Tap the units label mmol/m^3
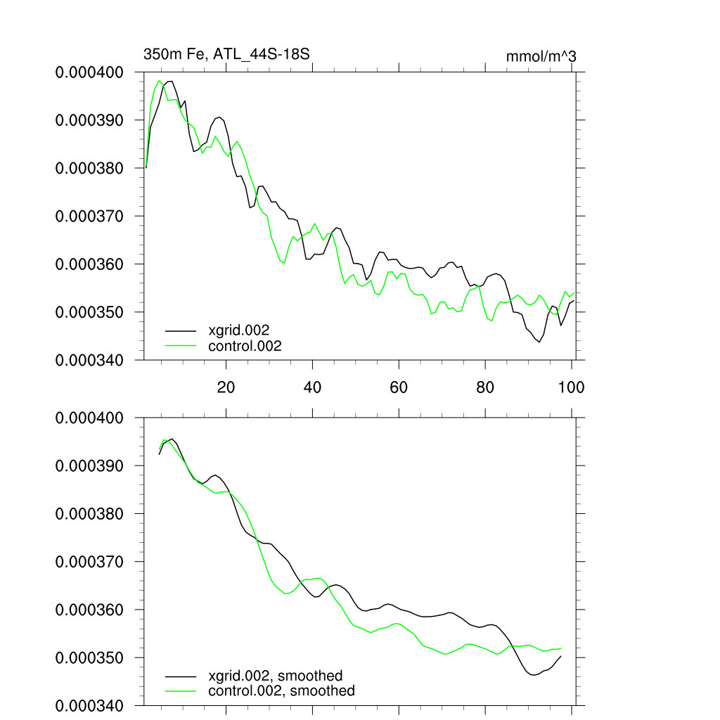(x=541, y=56)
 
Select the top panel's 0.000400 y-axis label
(x=89, y=72)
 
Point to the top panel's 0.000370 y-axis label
(x=89, y=216)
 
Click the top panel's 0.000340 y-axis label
(x=89, y=360)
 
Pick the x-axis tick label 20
(x=226, y=387)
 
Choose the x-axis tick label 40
(x=312, y=387)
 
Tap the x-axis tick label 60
(x=399, y=387)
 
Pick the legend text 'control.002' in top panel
(x=245, y=345)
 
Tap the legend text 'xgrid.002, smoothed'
(x=276, y=676)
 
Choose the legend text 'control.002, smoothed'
(x=281, y=691)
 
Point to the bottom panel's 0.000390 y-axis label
(x=89, y=466)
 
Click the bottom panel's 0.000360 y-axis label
(x=89, y=610)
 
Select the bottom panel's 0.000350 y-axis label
(x=89, y=658)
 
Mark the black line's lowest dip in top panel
(x=539, y=342)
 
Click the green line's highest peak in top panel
(x=160, y=82)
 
